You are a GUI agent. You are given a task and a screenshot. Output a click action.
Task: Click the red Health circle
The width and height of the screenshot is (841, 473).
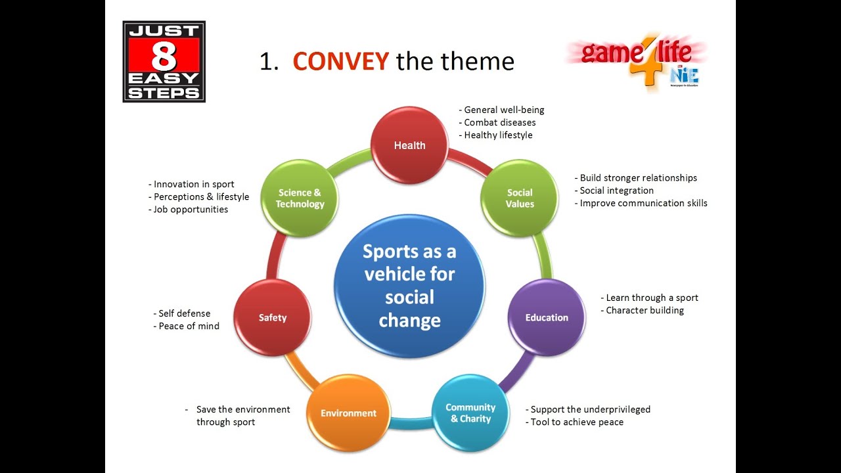409,145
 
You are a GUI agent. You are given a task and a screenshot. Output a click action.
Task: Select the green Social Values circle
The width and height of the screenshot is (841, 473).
520,198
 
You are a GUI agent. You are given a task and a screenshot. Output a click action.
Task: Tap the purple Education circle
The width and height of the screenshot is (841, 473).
547,317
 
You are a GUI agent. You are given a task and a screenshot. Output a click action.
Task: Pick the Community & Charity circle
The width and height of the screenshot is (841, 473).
470,413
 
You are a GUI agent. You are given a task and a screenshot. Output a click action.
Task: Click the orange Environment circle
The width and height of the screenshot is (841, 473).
348,413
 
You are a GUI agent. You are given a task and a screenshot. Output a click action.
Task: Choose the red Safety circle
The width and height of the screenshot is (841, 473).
273,317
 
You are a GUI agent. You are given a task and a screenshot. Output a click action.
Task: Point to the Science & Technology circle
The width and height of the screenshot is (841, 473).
300,198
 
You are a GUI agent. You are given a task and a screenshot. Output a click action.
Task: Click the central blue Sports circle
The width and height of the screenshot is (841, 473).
409,286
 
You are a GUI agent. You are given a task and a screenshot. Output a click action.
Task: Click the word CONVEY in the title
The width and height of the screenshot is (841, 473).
340,62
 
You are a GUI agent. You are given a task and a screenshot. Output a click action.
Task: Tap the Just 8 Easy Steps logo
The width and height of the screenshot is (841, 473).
164,61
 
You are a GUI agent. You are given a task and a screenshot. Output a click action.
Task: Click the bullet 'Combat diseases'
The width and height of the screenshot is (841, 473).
499,123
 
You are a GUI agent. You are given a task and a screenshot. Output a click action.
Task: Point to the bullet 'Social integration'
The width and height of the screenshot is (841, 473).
616,191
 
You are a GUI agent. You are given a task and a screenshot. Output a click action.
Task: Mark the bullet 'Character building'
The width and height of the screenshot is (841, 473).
645,310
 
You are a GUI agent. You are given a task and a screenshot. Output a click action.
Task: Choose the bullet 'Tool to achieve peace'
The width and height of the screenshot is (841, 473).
577,422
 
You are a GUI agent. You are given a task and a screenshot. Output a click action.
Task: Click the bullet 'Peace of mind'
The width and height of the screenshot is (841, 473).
189,326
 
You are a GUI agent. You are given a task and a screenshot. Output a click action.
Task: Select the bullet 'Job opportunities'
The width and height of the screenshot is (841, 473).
191,210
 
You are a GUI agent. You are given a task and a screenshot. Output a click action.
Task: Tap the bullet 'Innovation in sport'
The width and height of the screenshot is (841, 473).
194,185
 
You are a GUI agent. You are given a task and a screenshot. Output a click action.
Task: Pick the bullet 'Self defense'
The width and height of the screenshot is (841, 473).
184,313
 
